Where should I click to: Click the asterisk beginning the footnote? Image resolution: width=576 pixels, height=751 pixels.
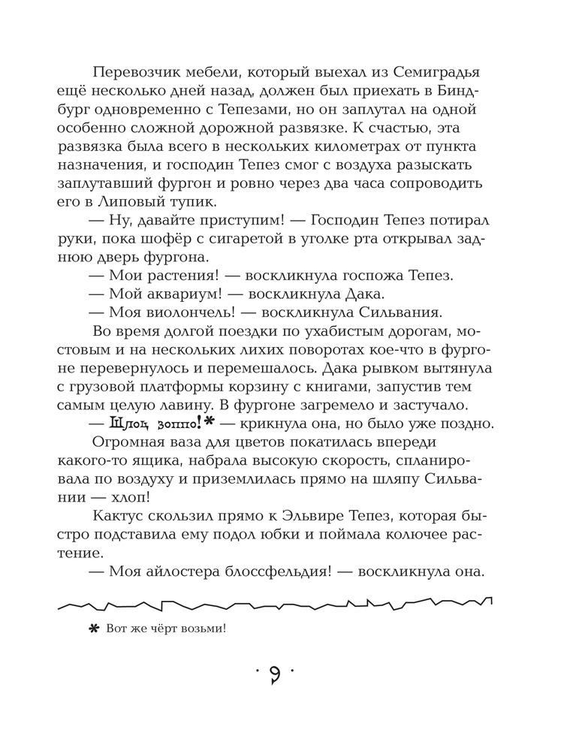point(94,628)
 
